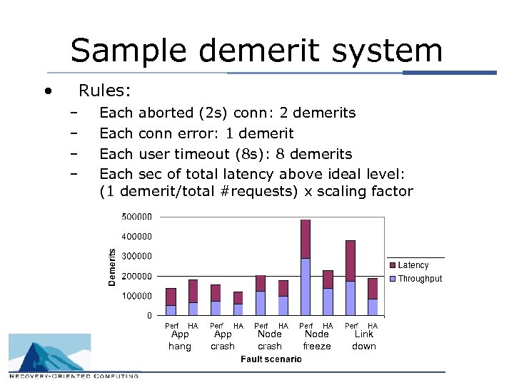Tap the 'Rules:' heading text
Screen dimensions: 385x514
click(104, 91)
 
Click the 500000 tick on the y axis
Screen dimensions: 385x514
click(136, 217)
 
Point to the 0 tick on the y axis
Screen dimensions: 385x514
click(149, 315)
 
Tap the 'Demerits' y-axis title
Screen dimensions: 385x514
click(112, 267)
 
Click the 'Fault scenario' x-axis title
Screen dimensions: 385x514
click(271, 359)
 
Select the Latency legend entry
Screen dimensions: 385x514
click(413, 265)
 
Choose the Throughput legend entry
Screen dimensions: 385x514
click(420, 279)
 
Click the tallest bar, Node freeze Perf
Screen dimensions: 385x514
click(306, 267)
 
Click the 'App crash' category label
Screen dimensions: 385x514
click(223, 340)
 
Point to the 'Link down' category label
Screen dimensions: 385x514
click(364, 340)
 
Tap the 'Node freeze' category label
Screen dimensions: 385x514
click(317, 340)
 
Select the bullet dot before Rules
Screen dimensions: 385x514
click(47, 91)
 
